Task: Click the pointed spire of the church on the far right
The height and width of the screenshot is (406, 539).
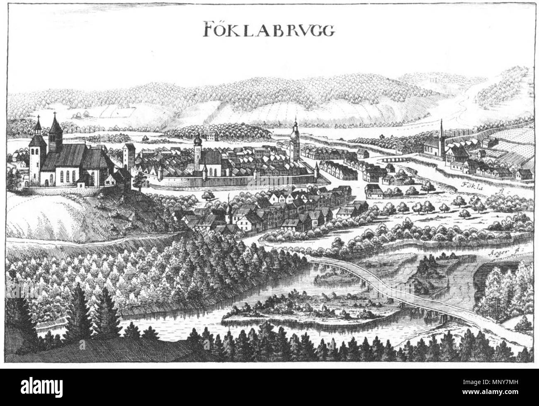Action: (442, 128)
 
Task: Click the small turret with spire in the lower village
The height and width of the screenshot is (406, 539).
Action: (228, 211)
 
